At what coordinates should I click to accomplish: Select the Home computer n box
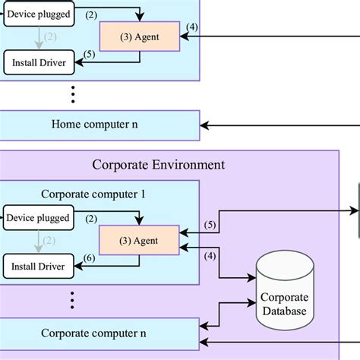pyautogui.click(x=100, y=125)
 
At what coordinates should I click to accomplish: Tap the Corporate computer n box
pyautogui.click(x=100, y=333)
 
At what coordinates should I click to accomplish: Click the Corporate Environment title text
pyautogui.click(x=158, y=164)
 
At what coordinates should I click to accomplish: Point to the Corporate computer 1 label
pyautogui.click(x=95, y=193)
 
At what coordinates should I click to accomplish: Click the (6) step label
pyautogui.click(x=90, y=258)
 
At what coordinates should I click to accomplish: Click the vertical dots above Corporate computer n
pyautogui.click(x=73, y=299)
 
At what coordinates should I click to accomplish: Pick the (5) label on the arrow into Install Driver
pyautogui.click(x=90, y=54)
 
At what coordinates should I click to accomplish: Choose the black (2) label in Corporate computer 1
pyautogui.click(x=90, y=219)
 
